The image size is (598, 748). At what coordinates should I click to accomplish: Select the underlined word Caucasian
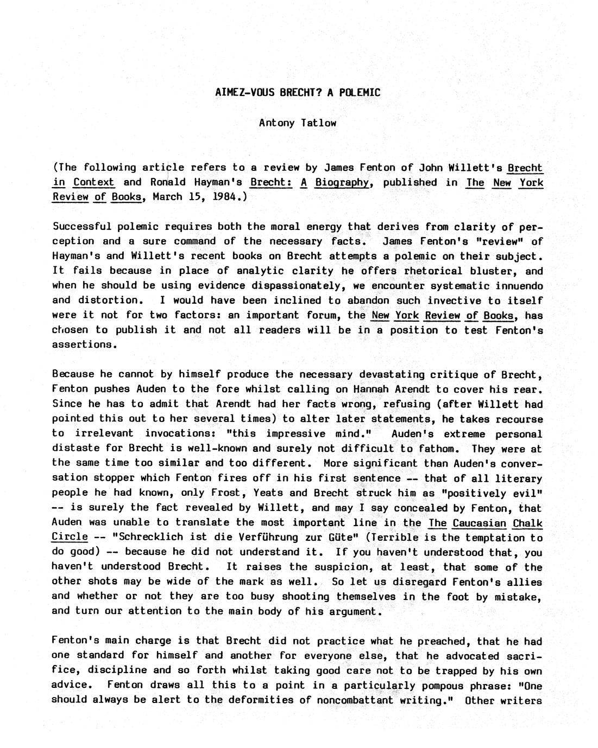coord(479,523)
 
